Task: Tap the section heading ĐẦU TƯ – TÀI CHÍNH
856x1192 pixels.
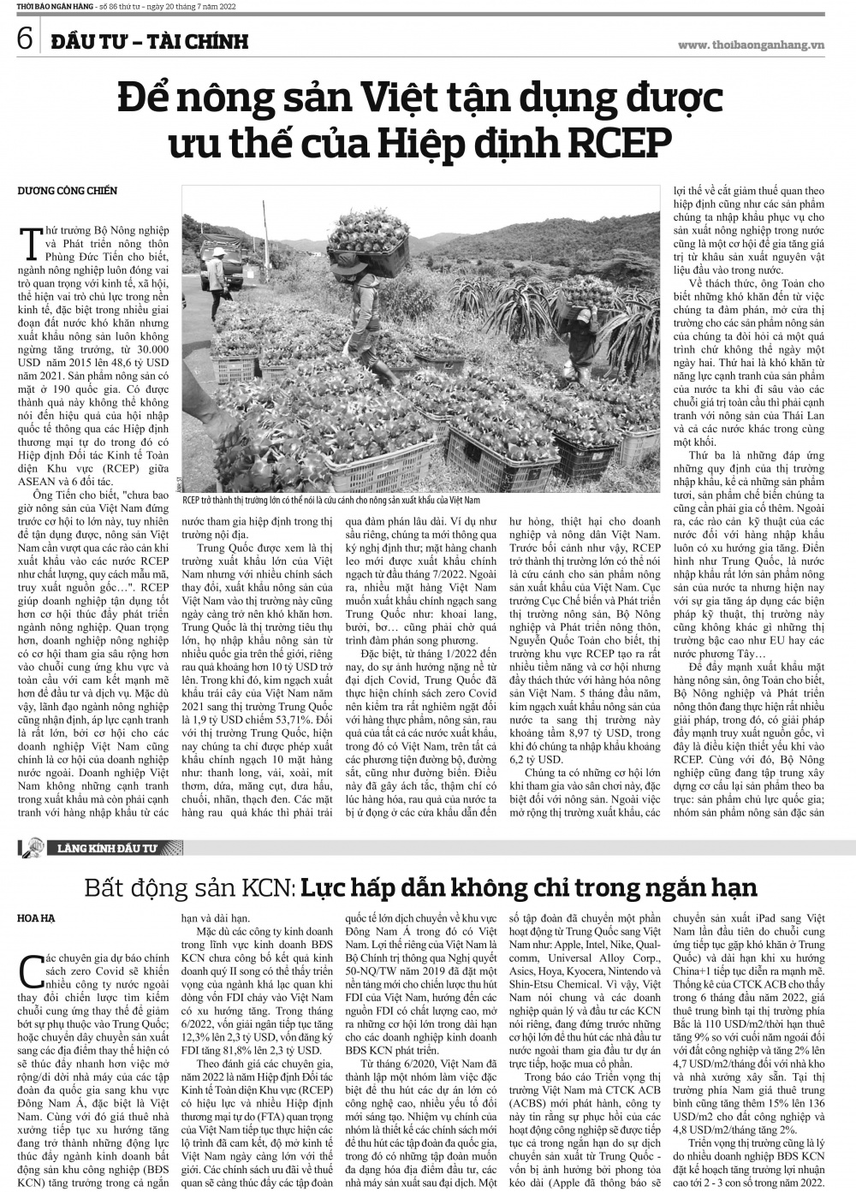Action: pyautogui.click(x=149, y=41)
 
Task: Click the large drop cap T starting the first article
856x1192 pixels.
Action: pyautogui.click(x=36, y=240)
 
